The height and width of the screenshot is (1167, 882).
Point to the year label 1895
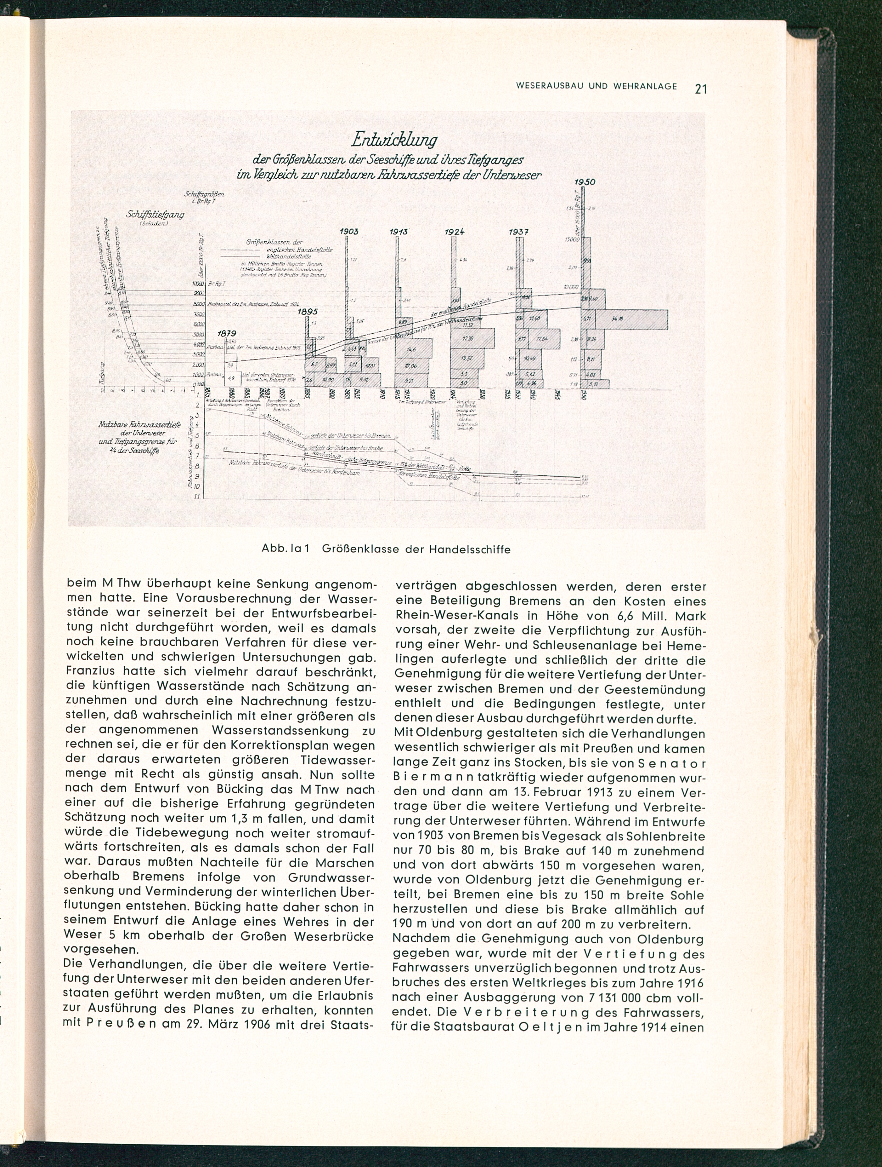[308, 312]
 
